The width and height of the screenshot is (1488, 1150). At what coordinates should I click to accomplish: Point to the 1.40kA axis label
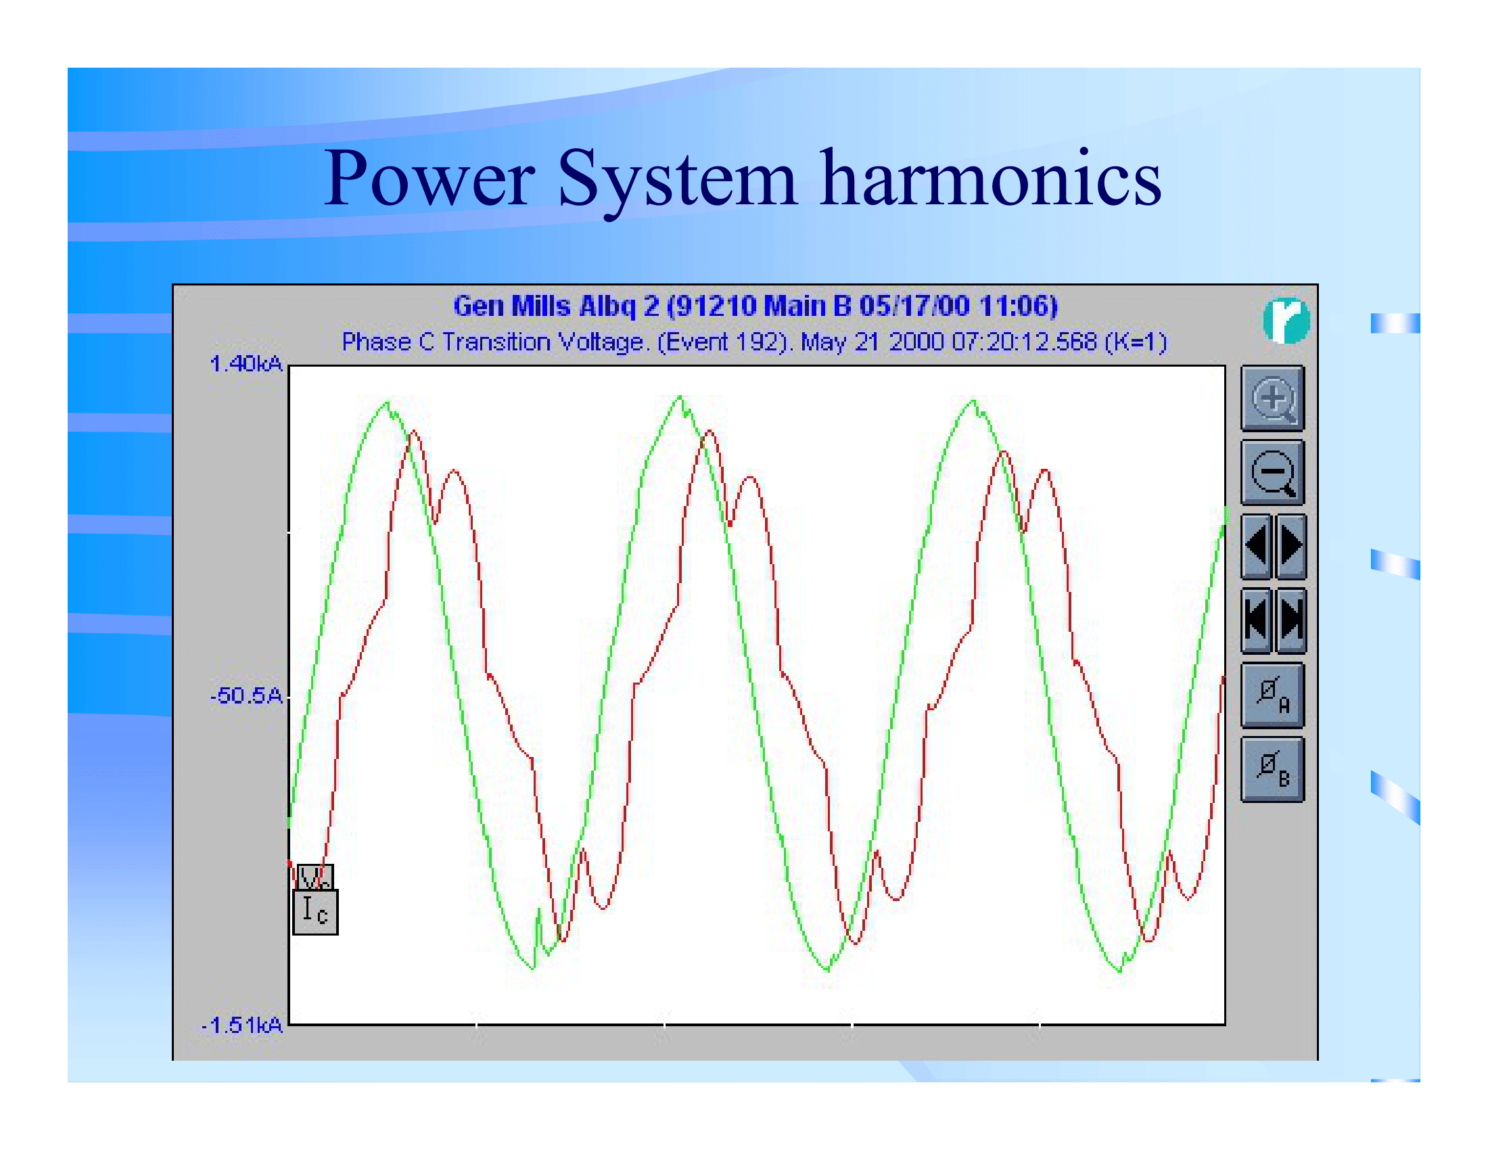pos(246,364)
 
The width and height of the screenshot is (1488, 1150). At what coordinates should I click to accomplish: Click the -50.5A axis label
pos(246,695)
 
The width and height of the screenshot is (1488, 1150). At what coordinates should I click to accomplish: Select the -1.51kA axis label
pos(242,1025)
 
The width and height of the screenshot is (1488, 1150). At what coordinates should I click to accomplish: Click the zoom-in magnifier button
pos(1272,398)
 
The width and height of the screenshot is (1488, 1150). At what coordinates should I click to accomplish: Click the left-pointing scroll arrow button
pos(1257,546)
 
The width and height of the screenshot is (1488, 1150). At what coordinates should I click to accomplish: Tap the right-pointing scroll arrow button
pos(1291,546)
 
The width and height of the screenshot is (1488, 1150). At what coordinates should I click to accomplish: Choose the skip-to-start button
pos(1257,620)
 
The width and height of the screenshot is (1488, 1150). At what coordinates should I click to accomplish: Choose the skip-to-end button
pos(1291,620)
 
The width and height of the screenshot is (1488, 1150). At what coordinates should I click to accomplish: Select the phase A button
pos(1272,695)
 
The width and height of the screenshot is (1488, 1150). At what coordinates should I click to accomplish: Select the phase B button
pos(1272,768)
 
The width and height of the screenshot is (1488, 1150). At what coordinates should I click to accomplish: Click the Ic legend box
pos(315,912)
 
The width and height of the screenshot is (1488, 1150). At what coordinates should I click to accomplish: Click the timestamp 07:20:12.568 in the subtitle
pos(1024,342)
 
